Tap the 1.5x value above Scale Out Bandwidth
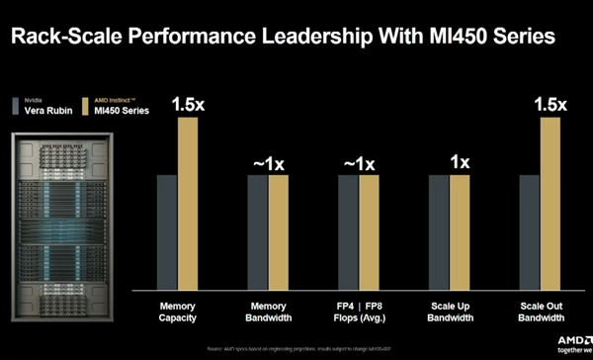(x=550, y=104)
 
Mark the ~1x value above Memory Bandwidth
(x=268, y=163)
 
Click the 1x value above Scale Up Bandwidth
(x=459, y=163)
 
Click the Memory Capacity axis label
(x=177, y=312)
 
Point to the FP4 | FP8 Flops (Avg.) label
(x=358, y=312)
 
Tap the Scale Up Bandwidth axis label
(x=449, y=312)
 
